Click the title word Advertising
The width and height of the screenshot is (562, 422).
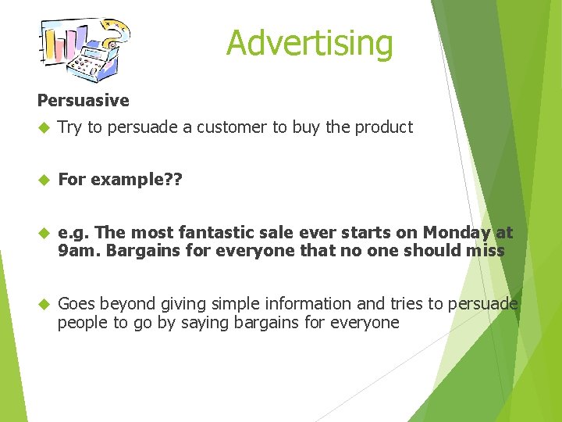click(x=309, y=43)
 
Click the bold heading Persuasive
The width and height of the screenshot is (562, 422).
click(x=84, y=101)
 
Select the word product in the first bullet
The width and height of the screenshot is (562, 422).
click(x=384, y=127)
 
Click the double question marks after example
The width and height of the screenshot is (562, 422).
click(x=173, y=180)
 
